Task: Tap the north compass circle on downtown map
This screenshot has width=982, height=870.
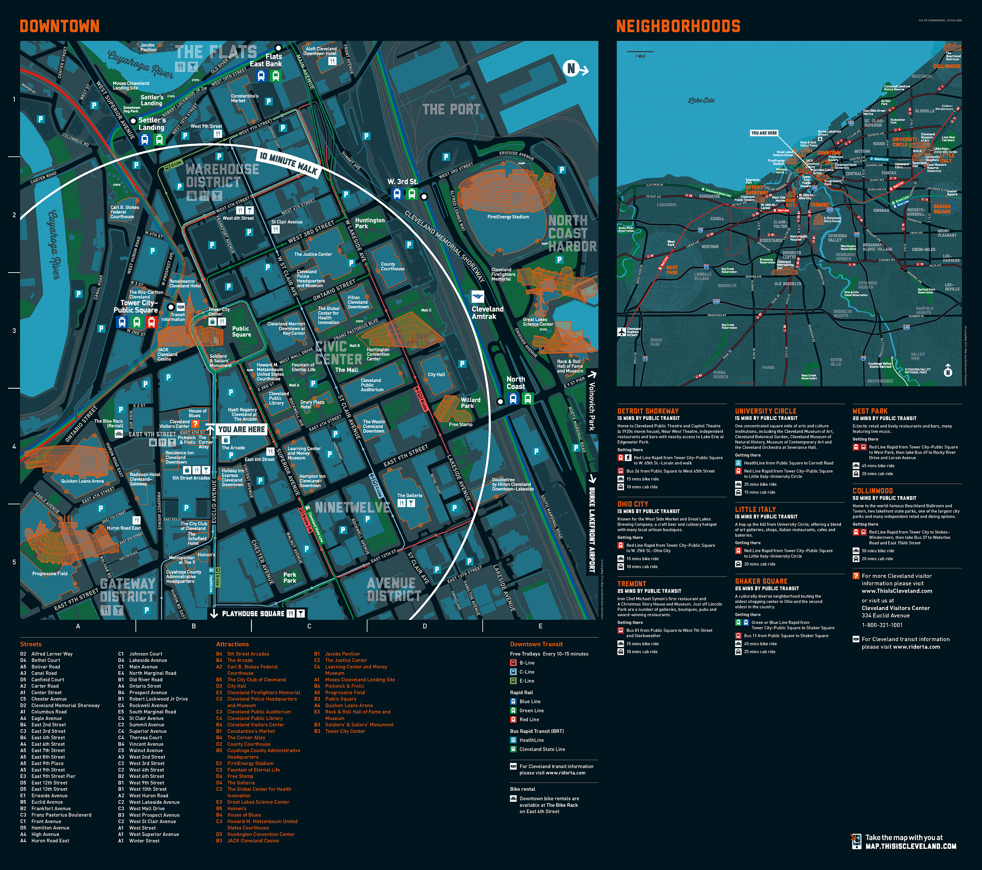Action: pos(571,69)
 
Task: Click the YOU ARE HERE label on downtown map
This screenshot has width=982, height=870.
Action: pos(242,429)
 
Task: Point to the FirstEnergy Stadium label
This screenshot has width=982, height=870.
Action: pos(508,217)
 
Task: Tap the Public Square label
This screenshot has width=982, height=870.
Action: pos(241,332)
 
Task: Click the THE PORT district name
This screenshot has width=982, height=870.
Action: pos(451,110)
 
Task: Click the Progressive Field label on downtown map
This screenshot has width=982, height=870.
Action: pos(49,574)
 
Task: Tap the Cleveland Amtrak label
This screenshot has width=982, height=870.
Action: pos(487,312)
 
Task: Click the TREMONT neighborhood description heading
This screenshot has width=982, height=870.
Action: pos(631,583)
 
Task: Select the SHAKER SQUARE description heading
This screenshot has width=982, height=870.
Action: pos(761,581)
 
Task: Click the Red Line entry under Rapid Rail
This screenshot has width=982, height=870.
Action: pos(529,720)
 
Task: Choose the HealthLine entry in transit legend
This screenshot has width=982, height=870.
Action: pos(531,740)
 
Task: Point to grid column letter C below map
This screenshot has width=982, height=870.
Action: pos(309,626)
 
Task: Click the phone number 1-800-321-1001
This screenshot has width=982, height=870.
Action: pos(882,625)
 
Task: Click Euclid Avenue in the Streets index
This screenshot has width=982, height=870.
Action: pos(47,802)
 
